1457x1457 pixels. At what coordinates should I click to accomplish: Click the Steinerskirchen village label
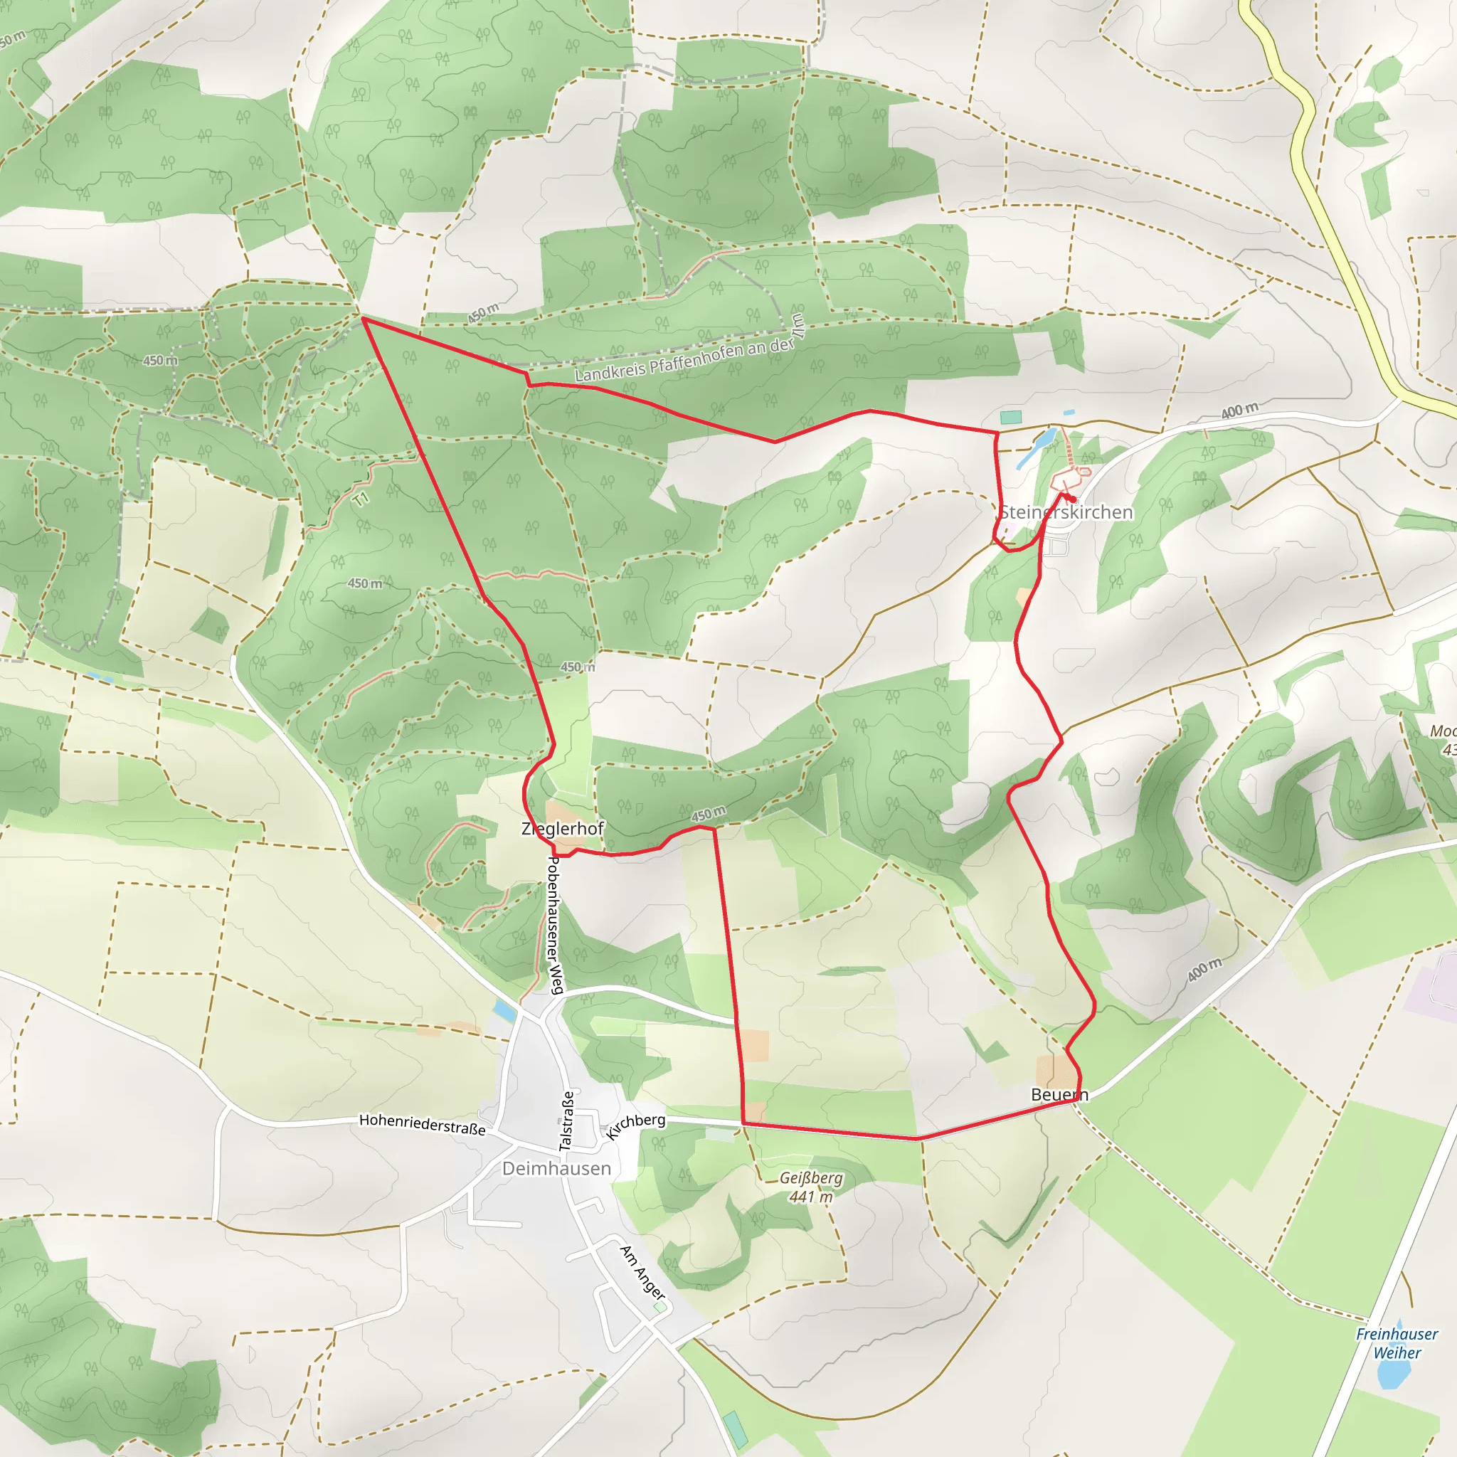point(1066,512)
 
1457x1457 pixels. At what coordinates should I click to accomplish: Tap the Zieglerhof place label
point(563,829)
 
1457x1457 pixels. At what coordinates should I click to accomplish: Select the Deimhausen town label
point(556,1168)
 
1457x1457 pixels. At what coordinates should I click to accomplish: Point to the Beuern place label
point(1059,1094)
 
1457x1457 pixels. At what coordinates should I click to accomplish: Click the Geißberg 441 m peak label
point(811,1187)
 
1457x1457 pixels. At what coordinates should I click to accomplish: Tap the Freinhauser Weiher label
point(1397,1343)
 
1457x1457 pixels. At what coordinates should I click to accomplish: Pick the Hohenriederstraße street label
point(423,1125)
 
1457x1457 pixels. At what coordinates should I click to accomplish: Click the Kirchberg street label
point(636,1125)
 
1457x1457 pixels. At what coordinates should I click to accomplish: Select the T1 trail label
point(361,499)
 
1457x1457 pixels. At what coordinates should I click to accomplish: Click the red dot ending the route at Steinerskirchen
point(1072,499)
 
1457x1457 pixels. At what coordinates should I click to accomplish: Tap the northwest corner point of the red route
point(364,318)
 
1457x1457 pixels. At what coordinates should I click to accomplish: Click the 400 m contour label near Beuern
point(1204,969)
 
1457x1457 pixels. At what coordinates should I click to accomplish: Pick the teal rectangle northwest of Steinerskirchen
point(1010,417)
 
